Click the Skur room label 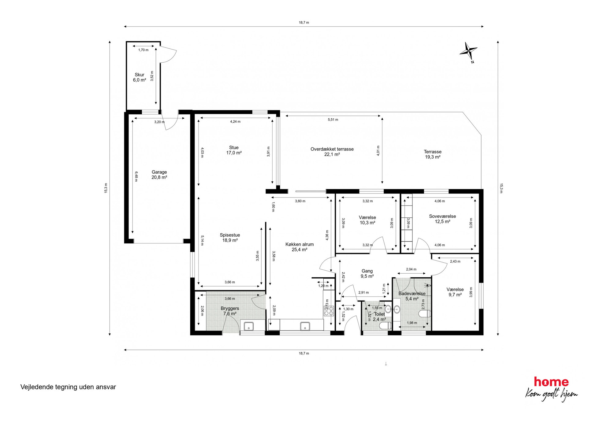click(x=140, y=77)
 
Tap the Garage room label click(x=159, y=175)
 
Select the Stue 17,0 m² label click(x=234, y=150)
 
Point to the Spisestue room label click(x=230, y=238)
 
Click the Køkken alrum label click(x=300, y=247)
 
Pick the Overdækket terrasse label click(x=332, y=152)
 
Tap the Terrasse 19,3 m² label click(x=433, y=154)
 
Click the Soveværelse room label click(x=442, y=219)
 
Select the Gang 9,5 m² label click(x=367, y=273)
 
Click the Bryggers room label click(x=230, y=311)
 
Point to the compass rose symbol click(x=468, y=51)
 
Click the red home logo click(x=551, y=382)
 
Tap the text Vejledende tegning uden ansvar click(x=68, y=387)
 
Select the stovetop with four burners click(x=329, y=311)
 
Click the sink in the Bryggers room click(x=248, y=326)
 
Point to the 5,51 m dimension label click(x=333, y=120)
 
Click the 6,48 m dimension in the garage click(x=136, y=176)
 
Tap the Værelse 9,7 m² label click(x=455, y=292)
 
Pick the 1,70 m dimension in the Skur click(x=143, y=50)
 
